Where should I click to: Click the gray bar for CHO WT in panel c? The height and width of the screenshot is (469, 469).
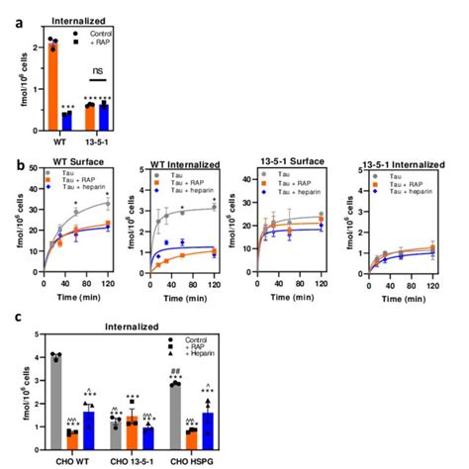pos(58,400)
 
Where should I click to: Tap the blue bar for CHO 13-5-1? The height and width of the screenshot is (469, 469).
pos(148,434)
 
